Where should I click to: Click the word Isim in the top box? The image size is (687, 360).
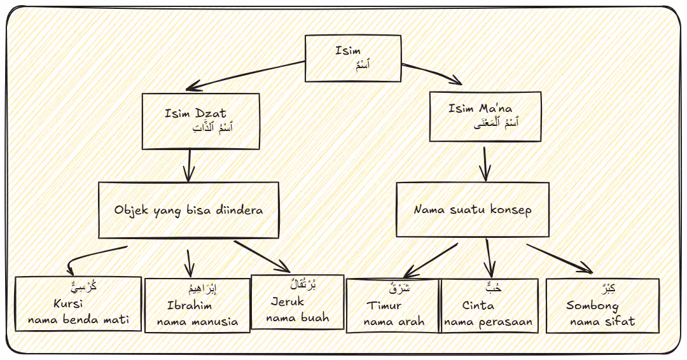click(348, 50)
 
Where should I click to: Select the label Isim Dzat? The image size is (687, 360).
click(195, 114)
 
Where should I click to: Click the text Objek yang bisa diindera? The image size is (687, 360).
click(188, 210)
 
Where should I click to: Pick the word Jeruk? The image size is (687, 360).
click(288, 301)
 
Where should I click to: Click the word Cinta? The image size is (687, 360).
click(478, 306)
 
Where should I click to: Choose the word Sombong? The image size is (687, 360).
click(592, 306)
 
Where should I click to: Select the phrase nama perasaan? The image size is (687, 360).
click(489, 322)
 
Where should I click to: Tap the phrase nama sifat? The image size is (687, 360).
click(602, 322)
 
